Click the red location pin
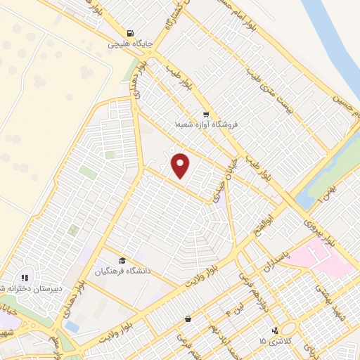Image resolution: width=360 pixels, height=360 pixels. [181, 166]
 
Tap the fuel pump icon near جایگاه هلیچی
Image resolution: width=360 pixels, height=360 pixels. [129, 33]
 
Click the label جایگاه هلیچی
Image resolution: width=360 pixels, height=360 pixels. [129, 44]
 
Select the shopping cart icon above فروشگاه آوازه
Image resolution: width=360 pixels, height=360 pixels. [205, 114]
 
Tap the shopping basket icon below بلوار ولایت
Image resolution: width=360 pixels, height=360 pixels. [188, 319]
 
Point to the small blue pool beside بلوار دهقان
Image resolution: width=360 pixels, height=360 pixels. [72, 327]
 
